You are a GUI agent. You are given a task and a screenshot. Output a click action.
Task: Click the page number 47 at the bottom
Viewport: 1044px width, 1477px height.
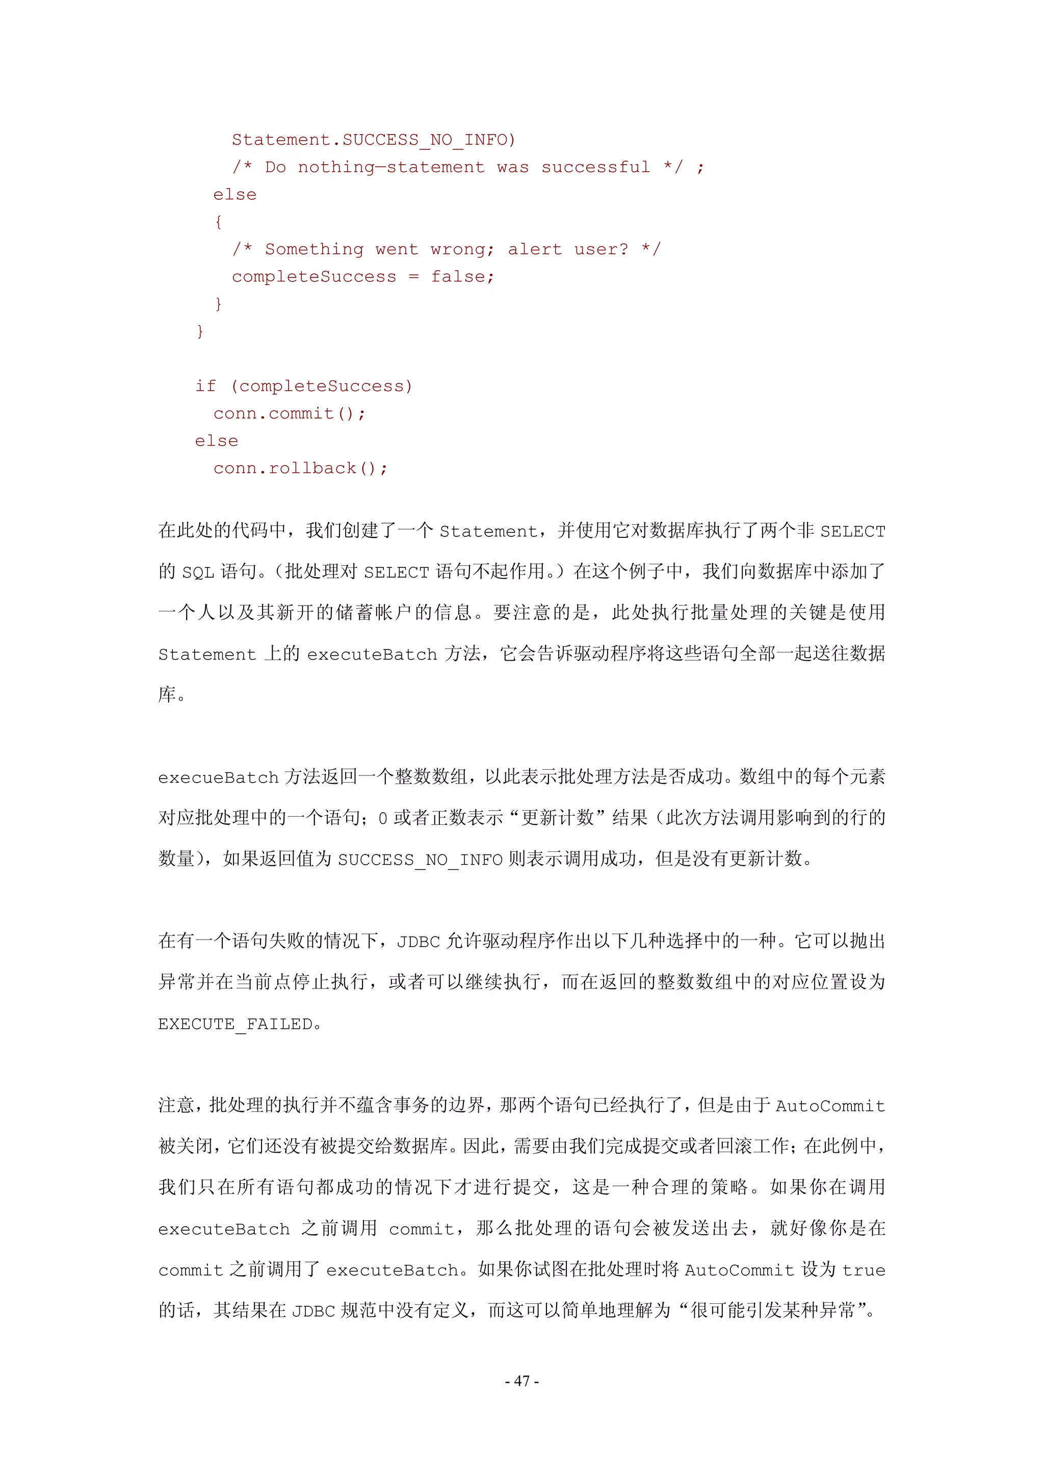521,1381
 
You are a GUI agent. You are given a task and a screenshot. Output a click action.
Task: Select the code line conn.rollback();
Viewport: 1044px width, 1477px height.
300,469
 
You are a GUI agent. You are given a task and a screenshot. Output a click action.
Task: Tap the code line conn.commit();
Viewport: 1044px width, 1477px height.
290,413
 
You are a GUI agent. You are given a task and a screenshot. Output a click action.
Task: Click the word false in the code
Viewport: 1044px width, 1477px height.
462,277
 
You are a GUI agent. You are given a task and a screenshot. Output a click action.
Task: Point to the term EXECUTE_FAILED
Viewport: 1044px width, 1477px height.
236,1023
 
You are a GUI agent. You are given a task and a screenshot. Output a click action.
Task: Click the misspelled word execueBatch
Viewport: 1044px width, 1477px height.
218,777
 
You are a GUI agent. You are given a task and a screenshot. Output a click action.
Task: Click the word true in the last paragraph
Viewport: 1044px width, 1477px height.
864,1270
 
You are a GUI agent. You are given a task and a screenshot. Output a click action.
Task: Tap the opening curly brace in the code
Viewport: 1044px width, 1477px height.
219,222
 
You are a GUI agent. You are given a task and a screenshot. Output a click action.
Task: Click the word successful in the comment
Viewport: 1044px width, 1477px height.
595,167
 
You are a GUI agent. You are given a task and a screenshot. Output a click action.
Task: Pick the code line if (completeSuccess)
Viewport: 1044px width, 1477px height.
304,386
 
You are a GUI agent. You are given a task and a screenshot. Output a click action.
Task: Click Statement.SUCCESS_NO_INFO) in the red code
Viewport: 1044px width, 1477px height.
373,140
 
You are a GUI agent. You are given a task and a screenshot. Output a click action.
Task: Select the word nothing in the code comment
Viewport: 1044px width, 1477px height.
336,167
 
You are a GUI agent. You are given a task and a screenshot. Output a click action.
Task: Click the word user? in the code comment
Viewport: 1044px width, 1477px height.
601,250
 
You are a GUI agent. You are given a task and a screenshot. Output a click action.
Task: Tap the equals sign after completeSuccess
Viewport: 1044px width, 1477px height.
413,277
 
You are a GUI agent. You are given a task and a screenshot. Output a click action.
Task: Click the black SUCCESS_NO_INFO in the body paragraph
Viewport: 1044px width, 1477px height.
420,860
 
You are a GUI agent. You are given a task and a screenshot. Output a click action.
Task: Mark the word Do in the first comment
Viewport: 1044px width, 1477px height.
275,167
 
